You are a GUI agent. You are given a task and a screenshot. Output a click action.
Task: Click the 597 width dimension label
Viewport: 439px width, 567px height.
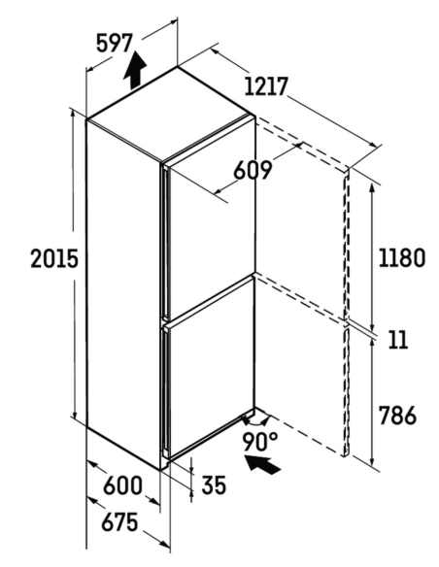click(115, 43)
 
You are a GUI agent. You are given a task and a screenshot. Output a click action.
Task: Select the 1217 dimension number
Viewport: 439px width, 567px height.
click(266, 86)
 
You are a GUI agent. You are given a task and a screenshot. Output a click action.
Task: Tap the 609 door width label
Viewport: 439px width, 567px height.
click(253, 170)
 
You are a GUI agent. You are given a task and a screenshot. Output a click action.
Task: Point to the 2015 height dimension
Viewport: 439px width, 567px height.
click(54, 258)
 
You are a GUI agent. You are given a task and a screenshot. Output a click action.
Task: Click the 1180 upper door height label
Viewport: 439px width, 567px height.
click(402, 257)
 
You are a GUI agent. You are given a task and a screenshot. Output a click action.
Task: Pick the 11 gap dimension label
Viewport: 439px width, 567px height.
click(398, 340)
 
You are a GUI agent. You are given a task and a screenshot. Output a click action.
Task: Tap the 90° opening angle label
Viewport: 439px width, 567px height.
click(260, 442)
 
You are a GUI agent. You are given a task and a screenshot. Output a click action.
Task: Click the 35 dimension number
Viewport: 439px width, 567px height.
click(214, 484)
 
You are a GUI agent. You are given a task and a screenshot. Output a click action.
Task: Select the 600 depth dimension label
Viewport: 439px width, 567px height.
click(122, 484)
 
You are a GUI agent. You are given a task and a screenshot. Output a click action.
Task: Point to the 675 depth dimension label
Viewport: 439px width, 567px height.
click(119, 522)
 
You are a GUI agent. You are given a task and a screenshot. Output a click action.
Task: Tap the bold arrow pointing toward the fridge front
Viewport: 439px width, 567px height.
click(262, 464)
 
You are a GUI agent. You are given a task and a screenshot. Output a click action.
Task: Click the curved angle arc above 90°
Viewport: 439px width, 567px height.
click(256, 422)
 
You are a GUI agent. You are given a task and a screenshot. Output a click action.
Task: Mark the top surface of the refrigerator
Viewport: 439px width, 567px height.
click(171, 113)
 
